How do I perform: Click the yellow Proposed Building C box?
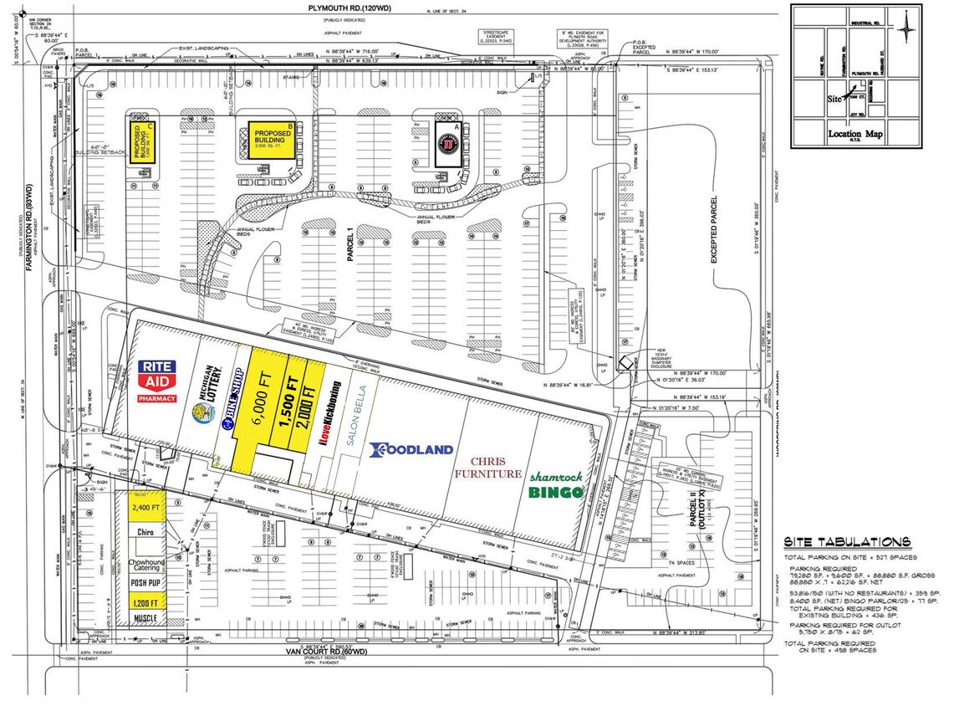pyautogui.click(x=143, y=144)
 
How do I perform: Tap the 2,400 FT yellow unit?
pyautogui.click(x=144, y=506)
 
